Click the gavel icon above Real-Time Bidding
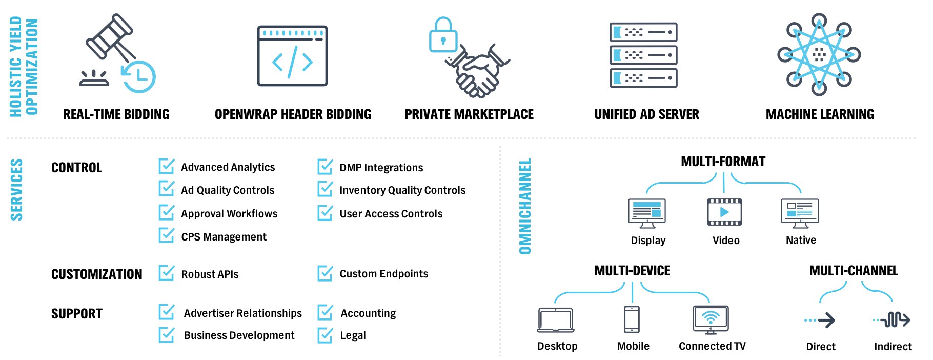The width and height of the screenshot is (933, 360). click(110, 38)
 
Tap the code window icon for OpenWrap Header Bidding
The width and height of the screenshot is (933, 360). click(292, 56)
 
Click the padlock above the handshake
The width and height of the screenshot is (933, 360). click(443, 35)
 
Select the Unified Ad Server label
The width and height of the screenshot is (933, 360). click(646, 114)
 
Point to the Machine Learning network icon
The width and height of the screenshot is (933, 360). click(819, 54)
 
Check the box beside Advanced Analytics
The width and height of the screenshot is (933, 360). click(167, 166)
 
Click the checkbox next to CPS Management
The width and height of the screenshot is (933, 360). click(167, 235)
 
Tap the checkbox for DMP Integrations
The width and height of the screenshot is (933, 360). click(325, 167)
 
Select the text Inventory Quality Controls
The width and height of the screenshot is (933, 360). click(402, 190)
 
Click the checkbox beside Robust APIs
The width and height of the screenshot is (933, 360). click(167, 273)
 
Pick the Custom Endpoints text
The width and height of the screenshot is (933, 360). click(383, 274)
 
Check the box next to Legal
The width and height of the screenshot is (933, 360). click(325, 335)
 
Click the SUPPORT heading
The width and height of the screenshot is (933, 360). click(77, 314)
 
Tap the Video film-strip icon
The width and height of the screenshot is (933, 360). click(724, 212)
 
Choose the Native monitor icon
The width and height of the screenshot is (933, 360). click(800, 213)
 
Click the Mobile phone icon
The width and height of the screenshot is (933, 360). click(632, 319)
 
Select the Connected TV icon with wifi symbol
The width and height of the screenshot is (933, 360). click(711, 319)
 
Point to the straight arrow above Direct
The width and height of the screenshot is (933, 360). click(820, 321)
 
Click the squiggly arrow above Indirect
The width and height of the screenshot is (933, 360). click(893, 320)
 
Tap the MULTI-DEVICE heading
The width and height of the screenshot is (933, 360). click(632, 271)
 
